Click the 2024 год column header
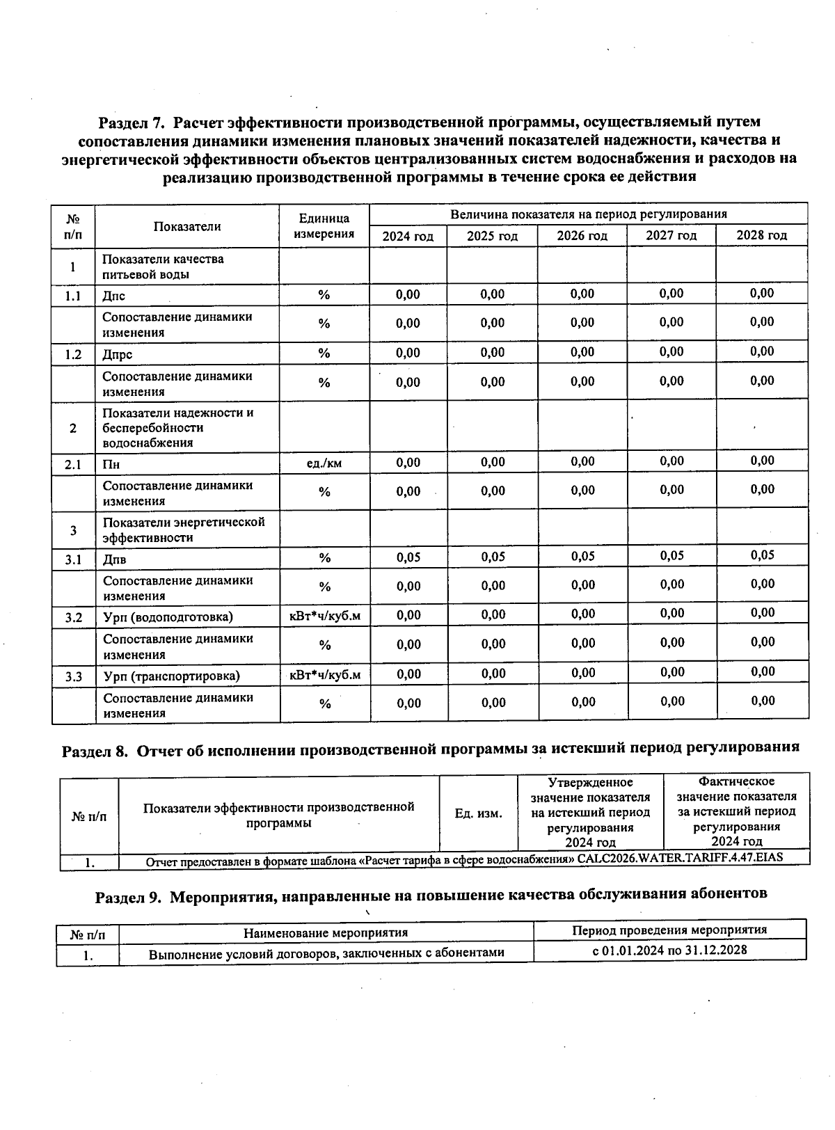pyautogui.click(x=408, y=236)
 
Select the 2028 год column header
pyautogui.click(x=761, y=235)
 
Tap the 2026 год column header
pyautogui.click(x=582, y=236)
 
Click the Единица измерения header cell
pyautogui.click(x=324, y=226)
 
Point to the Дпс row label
pyautogui.click(x=114, y=296)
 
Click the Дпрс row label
pyautogui.click(x=118, y=354)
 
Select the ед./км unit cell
pyautogui.click(x=324, y=463)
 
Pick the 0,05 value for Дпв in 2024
pyautogui.click(x=408, y=557)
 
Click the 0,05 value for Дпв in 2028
pyautogui.click(x=763, y=555)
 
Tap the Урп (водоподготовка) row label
pyautogui.click(x=168, y=617)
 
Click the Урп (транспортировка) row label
pyautogui.click(x=172, y=676)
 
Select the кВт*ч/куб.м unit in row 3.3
pyautogui.click(x=325, y=675)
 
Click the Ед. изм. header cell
pyautogui.click(x=478, y=813)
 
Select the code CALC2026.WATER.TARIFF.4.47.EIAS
pyautogui.click(x=680, y=857)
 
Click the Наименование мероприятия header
pyautogui.click(x=326, y=932)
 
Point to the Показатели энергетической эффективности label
pyautogui.click(x=184, y=530)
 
